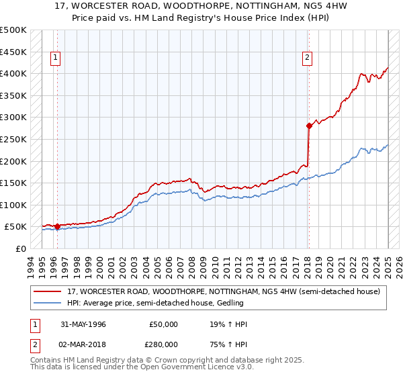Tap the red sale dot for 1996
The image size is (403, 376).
point(57,227)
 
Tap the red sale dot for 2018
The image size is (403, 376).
point(309,126)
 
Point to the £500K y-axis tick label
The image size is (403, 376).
point(13,30)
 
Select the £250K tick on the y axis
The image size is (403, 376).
point(13,139)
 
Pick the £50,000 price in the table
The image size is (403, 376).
point(164,324)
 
